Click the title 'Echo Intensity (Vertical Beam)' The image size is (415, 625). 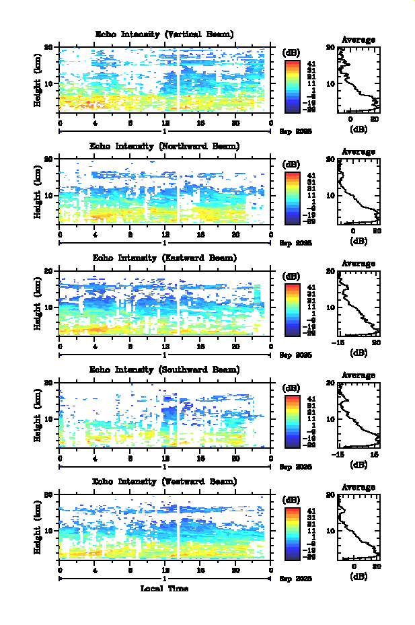tap(165, 34)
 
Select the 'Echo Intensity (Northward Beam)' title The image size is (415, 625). tap(165, 146)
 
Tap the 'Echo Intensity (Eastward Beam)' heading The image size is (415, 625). tap(165, 258)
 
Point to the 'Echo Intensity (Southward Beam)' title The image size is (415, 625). tap(165, 369)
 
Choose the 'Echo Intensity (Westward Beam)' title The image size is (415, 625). tap(165, 482)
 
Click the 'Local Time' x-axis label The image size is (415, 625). tap(165, 589)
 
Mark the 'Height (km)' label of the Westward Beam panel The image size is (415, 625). tap(38, 532)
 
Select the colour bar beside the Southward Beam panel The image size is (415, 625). tap(292, 421)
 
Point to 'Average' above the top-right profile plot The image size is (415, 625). tap(359, 40)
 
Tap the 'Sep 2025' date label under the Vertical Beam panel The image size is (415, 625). tap(296, 133)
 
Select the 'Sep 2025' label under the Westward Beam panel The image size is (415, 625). tap(296, 579)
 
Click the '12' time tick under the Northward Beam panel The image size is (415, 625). tap(165, 234)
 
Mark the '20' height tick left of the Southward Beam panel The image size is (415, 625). tap(49, 383)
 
